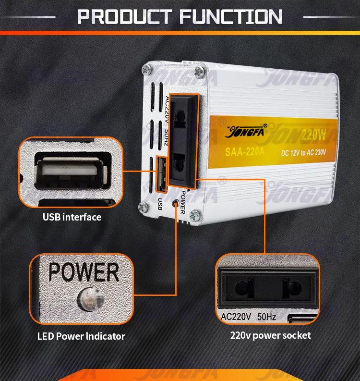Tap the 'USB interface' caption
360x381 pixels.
pyautogui.click(x=72, y=217)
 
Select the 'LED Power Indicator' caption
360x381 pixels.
pyautogui.click(x=81, y=336)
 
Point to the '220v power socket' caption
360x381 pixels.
pyautogui.click(x=270, y=335)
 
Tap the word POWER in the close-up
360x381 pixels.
pyautogui.click(x=84, y=272)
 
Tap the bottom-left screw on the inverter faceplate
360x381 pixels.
pyautogui.click(x=143, y=208)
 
